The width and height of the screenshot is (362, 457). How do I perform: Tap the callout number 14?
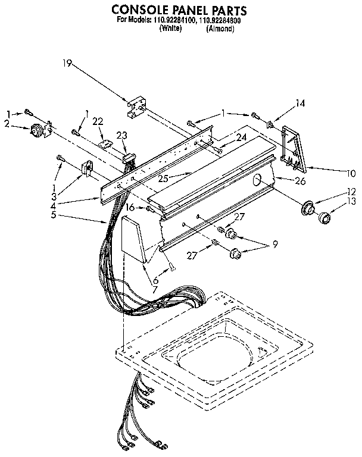coord(300,103)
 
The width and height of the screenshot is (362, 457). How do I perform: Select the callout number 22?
coord(98,121)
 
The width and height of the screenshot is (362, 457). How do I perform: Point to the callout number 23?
coord(123,134)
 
